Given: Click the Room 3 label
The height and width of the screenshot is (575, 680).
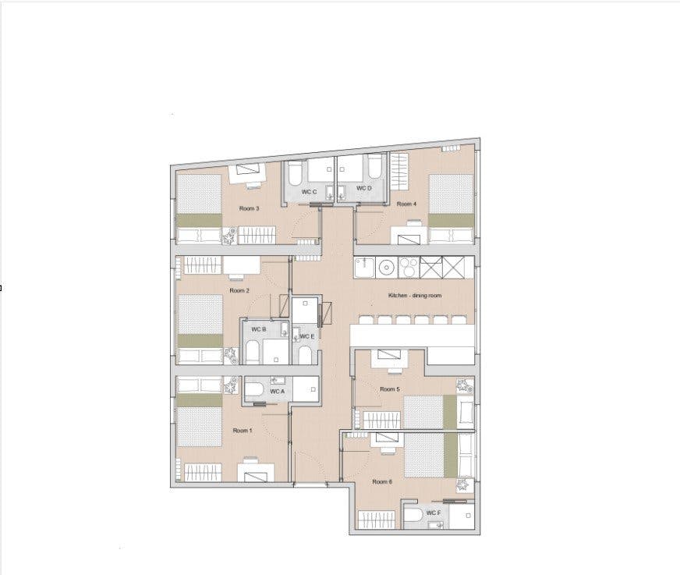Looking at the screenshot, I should pyautogui.click(x=247, y=208).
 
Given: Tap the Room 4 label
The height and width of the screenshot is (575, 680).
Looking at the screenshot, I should pyautogui.click(x=406, y=204).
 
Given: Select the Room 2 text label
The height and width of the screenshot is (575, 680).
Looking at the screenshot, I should pyautogui.click(x=239, y=290).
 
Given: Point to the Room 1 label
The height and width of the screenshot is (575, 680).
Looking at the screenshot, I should pyautogui.click(x=242, y=431).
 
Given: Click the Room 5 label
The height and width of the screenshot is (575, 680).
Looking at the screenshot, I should pyautogui.click(x=390, y=389).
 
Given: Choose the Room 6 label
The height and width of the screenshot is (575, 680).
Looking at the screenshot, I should pyautogui.click(x=382, y=481).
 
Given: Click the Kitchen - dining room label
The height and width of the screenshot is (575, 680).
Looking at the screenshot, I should pyautogui.click(x=415, y=296).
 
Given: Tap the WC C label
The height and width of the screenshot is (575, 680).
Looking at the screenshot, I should pyautogui.click(x=310, y=191).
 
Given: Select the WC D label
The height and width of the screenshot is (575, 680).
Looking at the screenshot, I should pyautogui.click(x=364, y=189).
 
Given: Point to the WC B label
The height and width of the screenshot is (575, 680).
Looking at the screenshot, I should pyautogui.click(x=259, y=330).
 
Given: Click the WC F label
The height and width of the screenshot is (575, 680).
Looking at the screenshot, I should pyautogui.click(x=434, y=513).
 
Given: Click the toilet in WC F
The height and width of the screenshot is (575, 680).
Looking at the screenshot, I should pyautogui.click(x=414, y=516).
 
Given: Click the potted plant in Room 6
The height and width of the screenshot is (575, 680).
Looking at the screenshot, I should pyautogui.click(x=463, y=487).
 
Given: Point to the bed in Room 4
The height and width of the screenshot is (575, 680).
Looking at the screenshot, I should pyautogui.click(x=452, y=201).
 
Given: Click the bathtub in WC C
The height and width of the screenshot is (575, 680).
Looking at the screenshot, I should pyautogui.click(x=321, y=169).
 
